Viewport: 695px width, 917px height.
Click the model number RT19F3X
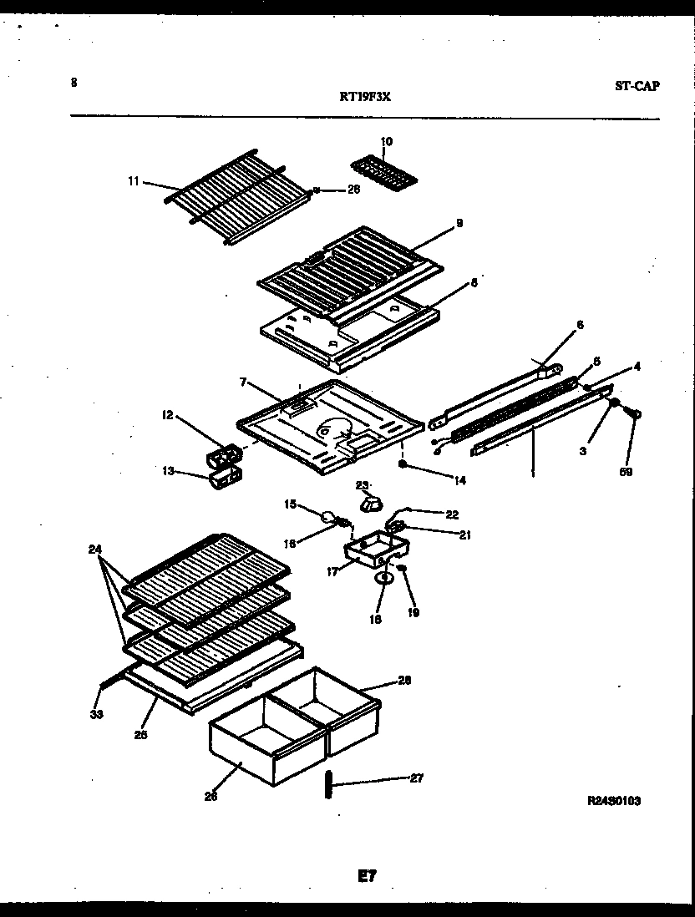tap(365, 96)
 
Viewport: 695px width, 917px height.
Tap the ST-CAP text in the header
tap(637, 85)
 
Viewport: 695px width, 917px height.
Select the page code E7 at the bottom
tap(368, 875)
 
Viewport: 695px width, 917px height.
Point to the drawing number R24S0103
tap(614, 800)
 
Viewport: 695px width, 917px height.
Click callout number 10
tap(386, 142)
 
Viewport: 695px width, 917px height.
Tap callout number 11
tap(133, 180)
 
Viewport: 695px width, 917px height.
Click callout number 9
tap(459, 223)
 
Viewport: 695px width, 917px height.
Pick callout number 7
tap(243, 382)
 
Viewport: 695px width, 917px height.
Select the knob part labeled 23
tap(368, 503)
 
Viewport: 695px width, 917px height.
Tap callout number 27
tap(415, 778)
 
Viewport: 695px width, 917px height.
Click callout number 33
tap(97, 714)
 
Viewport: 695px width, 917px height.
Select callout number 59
tap(626, 471)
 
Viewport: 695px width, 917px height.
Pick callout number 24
tap(95, 549)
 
